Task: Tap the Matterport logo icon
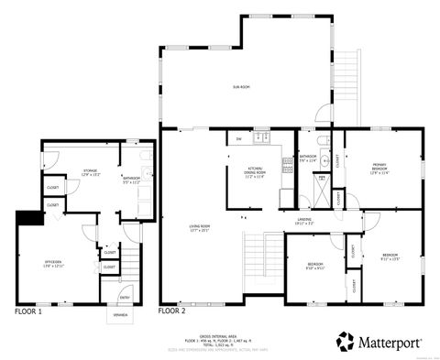click(347, 341)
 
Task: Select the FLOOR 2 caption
click(172, 312)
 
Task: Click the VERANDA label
click(120, 314)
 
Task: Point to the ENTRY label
click(125, 296)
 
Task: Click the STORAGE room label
click(90, 171)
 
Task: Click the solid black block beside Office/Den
click(29, 218)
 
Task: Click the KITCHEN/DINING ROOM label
click(255, 171)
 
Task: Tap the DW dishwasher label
click(238, 139)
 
